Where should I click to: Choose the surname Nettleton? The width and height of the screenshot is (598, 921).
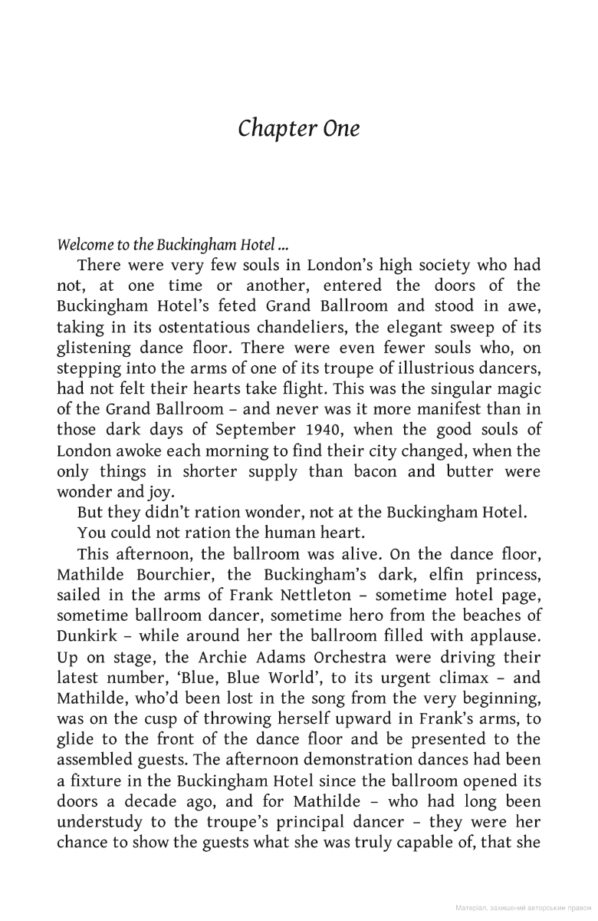coord(273,595)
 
